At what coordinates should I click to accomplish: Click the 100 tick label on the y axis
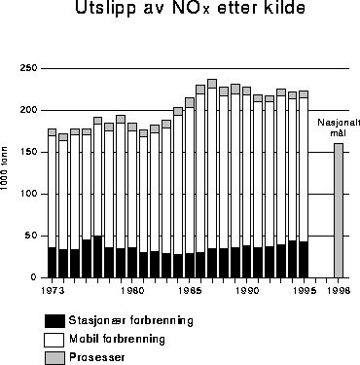click(x=28, y=194)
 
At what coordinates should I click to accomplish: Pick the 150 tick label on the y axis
click(x=28, y=152)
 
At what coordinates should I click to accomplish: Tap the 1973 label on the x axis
click(x=53, y=290)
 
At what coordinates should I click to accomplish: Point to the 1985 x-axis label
click(x=191, y=290)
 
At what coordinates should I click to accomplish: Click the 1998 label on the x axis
click(x=339, y=290)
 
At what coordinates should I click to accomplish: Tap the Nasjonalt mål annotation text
click(x=334, y=128)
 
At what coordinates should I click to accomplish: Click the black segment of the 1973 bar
click(x=53, y=263)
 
